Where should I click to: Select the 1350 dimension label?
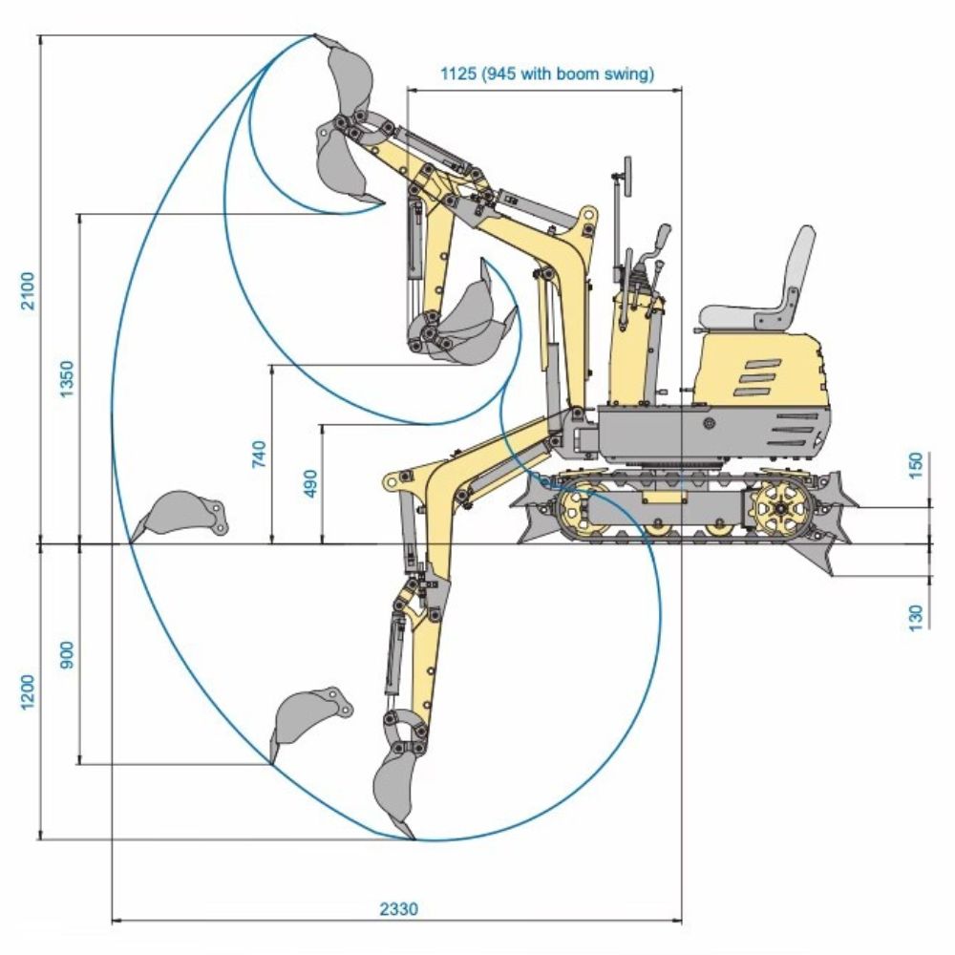(x=66, y=379)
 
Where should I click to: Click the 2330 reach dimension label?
(x=398, y=909)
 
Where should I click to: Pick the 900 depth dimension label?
(x=66, y=653)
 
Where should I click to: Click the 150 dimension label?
(x=917, y=465)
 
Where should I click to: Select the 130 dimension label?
(x=917, y=616)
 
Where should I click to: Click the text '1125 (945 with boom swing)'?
(x=546, y=74)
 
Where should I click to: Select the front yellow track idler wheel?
(x=581, y=509)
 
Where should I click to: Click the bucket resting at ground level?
(x=181, y=514)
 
